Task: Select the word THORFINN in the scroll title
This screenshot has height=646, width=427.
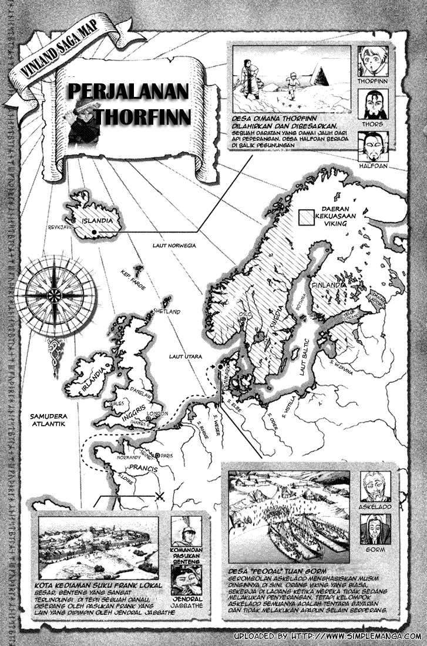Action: pos(143,116)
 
